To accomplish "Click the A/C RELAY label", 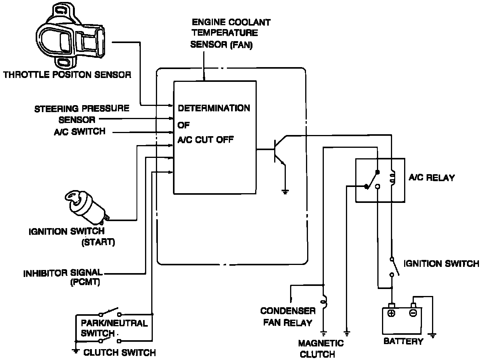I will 432,178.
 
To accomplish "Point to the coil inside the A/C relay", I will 392,178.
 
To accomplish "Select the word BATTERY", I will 403,341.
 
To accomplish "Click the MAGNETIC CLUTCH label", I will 321,348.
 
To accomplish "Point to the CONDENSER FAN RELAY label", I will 288,317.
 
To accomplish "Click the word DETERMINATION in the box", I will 214,108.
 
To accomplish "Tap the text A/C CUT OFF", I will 206,140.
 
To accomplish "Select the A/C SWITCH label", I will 80,132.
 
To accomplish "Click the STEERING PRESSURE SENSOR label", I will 82,114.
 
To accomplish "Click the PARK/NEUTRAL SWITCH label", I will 114,328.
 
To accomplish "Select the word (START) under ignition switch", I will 98,243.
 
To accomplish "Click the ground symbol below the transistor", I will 285,191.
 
